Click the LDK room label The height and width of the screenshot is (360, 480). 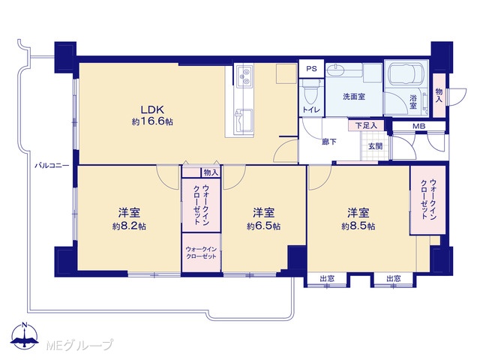[x=152, y=109]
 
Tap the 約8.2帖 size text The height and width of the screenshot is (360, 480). [x=129, y=226]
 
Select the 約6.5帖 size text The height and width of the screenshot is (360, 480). [x=263, y=226]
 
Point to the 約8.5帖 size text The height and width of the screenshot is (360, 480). [x=358, y=226]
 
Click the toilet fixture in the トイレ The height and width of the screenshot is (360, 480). [x=311, y=93]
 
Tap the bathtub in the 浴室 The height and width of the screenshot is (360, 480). [x=405, y=74]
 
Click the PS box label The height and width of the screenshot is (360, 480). [x=311, y=69]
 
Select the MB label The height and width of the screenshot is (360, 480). [x=418, y=126]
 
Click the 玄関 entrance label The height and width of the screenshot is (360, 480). [x=375, y=146]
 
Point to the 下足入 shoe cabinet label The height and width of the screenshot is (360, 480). [x=366, y=125]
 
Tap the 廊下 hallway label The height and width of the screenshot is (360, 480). [x=329, y=142]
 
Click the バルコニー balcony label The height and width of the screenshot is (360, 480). [x=52, y=166]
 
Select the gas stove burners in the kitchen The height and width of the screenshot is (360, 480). [x=245, y=76]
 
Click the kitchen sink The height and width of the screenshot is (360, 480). [x=244, y=120]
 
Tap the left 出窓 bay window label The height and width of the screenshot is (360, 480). [x=327, y=278]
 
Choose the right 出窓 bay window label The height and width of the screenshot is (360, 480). [x=393, y=278]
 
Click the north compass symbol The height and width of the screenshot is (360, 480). [x=25, y=335]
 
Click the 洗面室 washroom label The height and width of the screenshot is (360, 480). [x=354, y=97]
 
